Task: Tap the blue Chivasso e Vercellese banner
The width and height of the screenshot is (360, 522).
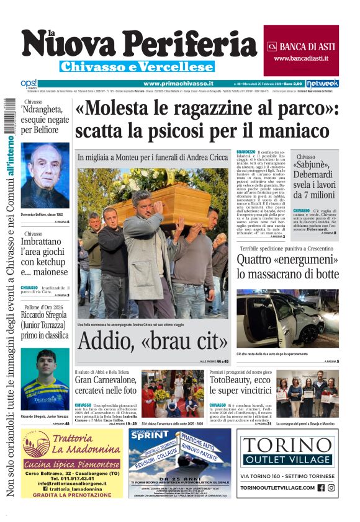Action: click(x=137, y=66)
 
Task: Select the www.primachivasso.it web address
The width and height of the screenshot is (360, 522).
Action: click(x=178, y=83)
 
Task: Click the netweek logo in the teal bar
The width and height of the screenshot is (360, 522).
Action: click(x=322, y=83)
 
